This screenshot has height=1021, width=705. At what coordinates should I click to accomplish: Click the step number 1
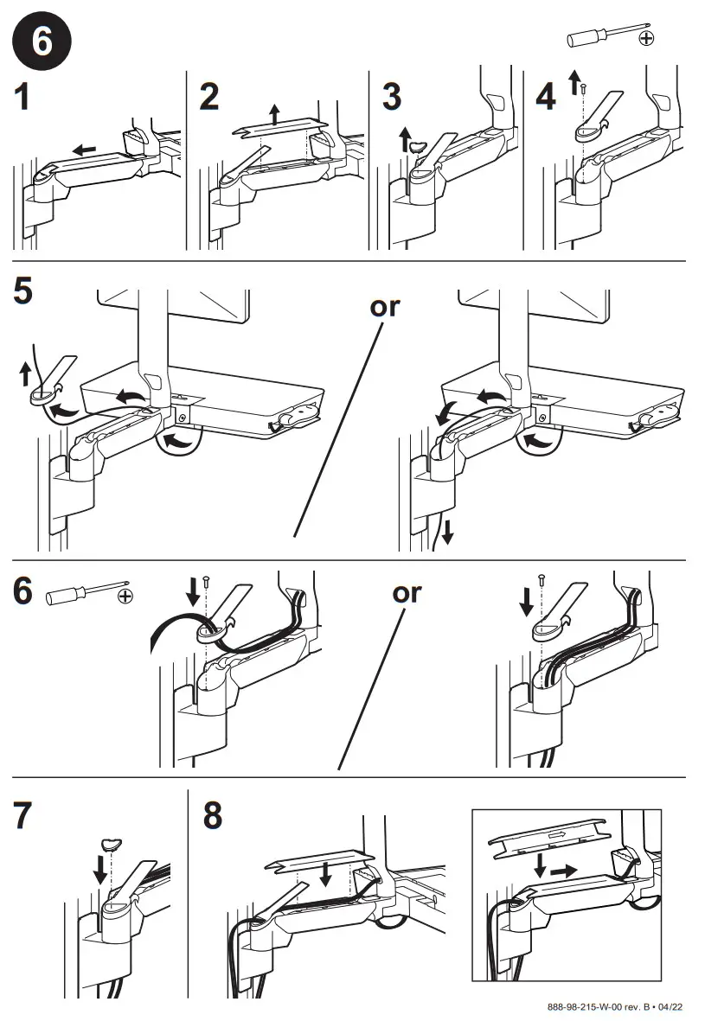point(23,98)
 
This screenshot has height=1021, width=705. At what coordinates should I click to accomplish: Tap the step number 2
point(209,98)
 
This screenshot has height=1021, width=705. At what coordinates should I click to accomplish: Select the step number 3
point(392,98)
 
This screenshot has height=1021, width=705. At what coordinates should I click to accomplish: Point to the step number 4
point(546,98)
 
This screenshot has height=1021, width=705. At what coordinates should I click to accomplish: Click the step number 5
point(23,292)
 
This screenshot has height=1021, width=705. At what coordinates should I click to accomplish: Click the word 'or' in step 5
point(384,307)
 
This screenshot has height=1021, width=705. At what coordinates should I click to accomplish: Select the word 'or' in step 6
point(407,593)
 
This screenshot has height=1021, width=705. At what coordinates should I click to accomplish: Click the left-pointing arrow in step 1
point(83,150)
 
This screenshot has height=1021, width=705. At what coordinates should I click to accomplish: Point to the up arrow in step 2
point(274,113)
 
